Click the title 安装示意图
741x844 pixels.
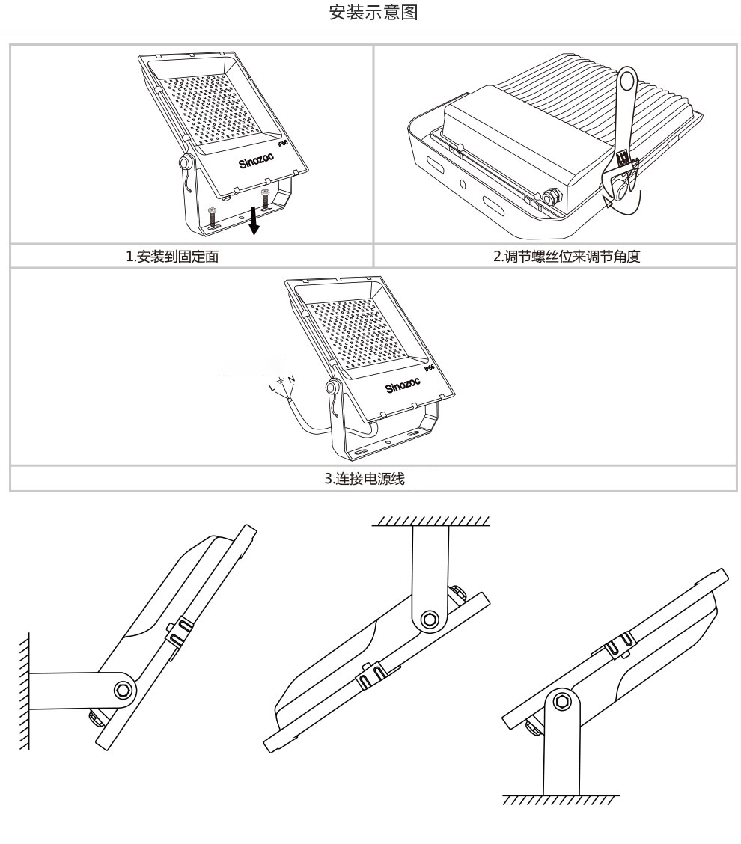click(370, 13)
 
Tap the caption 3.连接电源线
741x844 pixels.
click(370, 478)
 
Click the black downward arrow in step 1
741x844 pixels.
click(255, 222)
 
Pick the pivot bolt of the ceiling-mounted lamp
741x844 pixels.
click(429, 620)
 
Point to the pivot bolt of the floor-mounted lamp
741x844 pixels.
click(562, 703)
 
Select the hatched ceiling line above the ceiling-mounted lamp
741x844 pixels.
click(433, 520)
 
